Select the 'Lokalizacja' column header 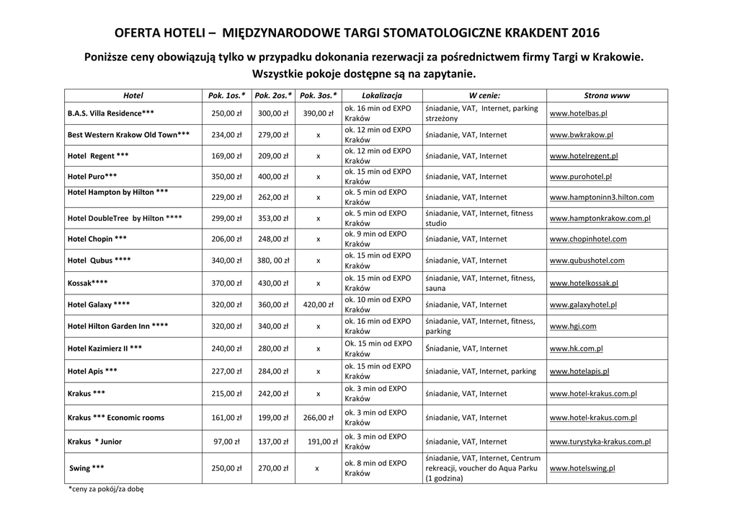382,95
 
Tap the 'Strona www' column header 607,95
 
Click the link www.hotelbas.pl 578,114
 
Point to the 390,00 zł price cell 318,114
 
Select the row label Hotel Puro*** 92,176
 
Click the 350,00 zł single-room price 226,176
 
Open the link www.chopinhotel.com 588,239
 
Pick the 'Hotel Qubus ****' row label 99,260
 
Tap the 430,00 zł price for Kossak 273,284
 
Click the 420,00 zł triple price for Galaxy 318,305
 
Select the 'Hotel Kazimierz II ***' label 105,348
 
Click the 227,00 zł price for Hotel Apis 226,372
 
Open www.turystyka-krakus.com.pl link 600,441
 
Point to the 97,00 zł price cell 228,441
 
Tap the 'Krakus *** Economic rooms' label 116,418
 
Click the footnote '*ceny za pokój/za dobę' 106,489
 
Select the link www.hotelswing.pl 582,468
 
